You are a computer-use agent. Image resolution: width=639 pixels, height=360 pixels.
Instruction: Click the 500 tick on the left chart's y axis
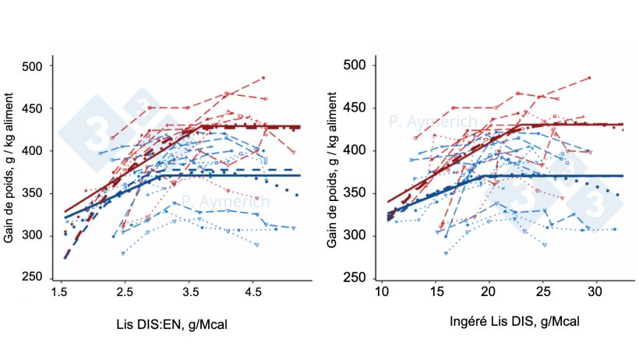click(34, 66)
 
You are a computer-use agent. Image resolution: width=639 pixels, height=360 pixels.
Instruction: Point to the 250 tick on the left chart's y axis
click(34, 278)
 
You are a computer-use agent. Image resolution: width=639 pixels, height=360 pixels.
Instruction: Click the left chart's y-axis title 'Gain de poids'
click(9, 171)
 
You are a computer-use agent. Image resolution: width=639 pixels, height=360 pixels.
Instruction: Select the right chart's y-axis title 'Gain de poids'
click(331, 171)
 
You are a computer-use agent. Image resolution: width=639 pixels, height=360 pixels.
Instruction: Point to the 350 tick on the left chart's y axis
click(34, 193)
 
